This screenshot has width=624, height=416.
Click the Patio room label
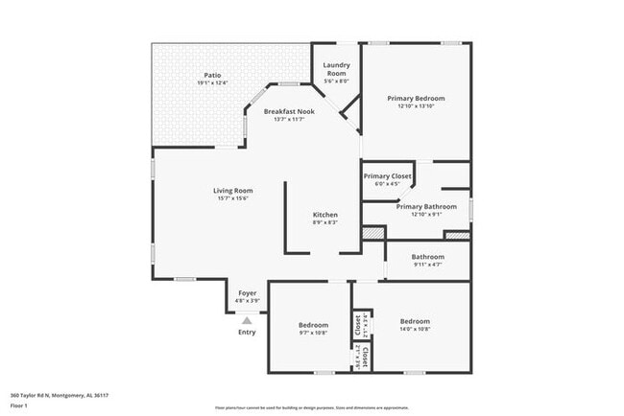(213, 74)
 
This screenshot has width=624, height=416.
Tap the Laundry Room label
(336, 69)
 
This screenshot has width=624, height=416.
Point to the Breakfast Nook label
(289, 112)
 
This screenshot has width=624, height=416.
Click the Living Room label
(232, 190)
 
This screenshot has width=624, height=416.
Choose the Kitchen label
(325, 214)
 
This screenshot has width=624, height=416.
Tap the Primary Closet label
(387, 176)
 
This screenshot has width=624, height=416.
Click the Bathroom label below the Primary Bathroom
(427, 257)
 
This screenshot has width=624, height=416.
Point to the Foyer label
(247, 294)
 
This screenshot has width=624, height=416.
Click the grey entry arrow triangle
(247, 320)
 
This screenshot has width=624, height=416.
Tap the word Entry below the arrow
(247, 333)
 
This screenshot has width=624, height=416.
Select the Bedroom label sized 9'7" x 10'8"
(313, 325)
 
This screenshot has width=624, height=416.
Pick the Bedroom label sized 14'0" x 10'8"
(415, 321)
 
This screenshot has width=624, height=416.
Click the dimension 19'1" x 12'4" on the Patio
(213, 83)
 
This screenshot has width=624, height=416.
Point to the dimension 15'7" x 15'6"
(232, 198)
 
